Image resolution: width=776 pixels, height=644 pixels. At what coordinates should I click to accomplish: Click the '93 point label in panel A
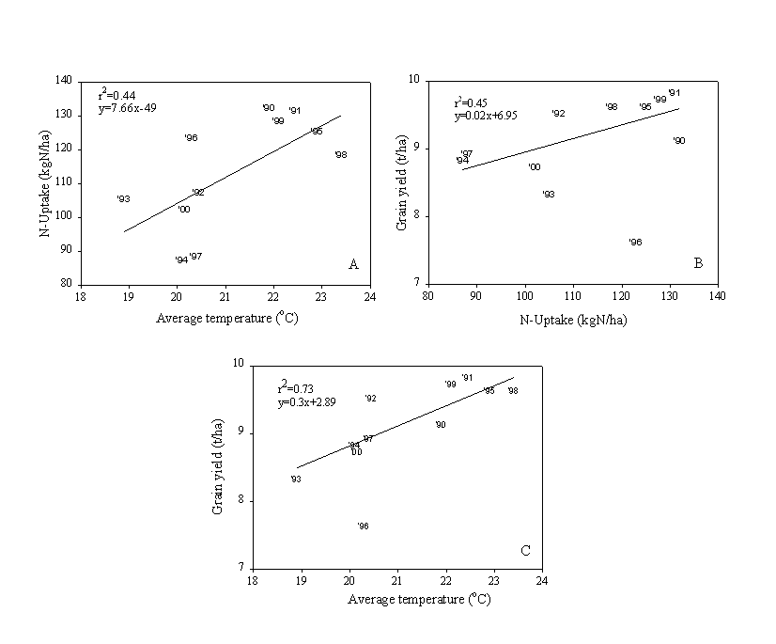click(123, 199)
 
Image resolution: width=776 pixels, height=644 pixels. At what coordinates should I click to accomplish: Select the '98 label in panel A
click(340, 155)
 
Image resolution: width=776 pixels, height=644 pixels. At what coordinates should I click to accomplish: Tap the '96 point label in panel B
click(635, 243)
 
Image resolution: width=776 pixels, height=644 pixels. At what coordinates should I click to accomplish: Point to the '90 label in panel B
click(678, 141)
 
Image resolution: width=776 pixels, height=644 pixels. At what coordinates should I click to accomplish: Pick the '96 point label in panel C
click(363, 526)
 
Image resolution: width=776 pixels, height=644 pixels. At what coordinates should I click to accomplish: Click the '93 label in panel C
click(295, 479)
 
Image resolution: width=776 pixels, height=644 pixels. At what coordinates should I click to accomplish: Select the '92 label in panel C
click(370, 399)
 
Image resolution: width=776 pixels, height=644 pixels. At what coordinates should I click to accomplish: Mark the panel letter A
click(353, 264)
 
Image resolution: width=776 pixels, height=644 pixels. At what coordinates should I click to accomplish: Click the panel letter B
click(698, 264)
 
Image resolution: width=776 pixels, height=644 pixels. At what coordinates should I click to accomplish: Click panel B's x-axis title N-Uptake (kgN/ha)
click(573, 320)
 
